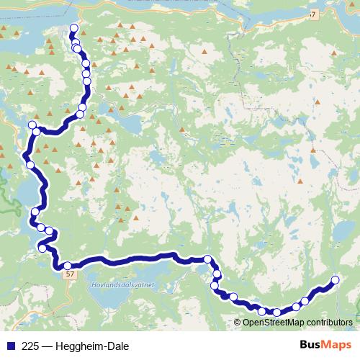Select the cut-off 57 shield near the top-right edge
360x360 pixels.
pos(312,14)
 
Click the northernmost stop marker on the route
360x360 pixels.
pos(73,29)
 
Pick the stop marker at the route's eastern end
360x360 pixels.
pos(335,280)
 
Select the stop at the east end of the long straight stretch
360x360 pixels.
pos(207,259)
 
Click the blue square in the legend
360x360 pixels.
pos(9,345)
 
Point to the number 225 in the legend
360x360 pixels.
pos(30,345)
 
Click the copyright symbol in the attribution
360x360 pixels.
pos(238,322)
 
